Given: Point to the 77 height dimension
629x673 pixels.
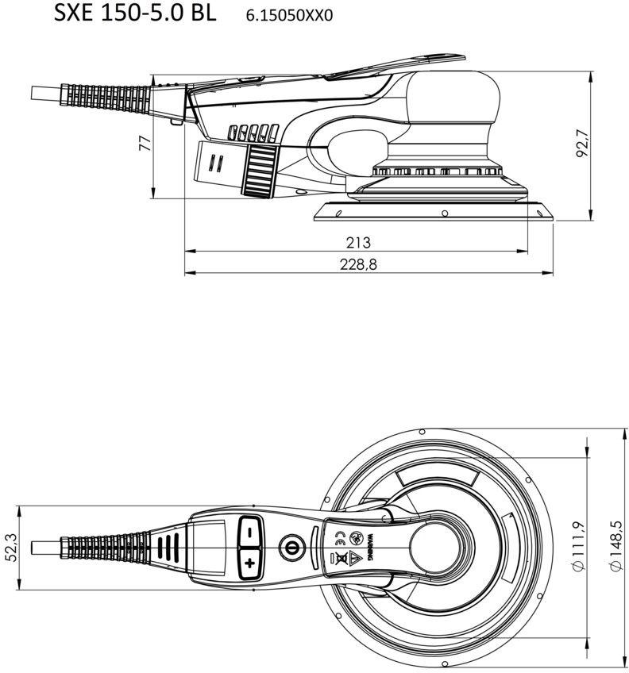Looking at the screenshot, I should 144,143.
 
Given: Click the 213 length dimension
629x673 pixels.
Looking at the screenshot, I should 358,242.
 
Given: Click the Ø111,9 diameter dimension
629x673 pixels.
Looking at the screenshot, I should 578,548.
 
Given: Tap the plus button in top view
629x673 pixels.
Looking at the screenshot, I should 250,563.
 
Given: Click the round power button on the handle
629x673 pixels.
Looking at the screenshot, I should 291,548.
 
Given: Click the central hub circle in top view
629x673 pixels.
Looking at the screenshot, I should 435,548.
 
